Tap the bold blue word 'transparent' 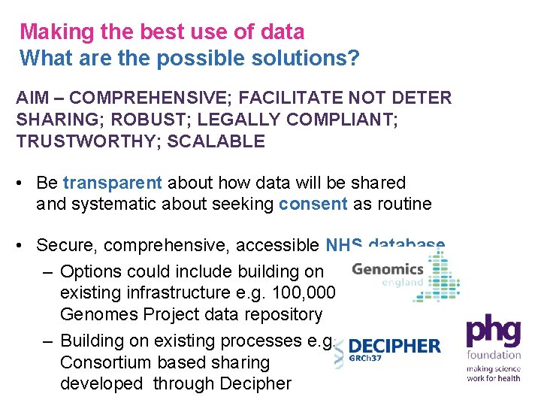113,183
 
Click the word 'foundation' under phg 493,354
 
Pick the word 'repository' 281,314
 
